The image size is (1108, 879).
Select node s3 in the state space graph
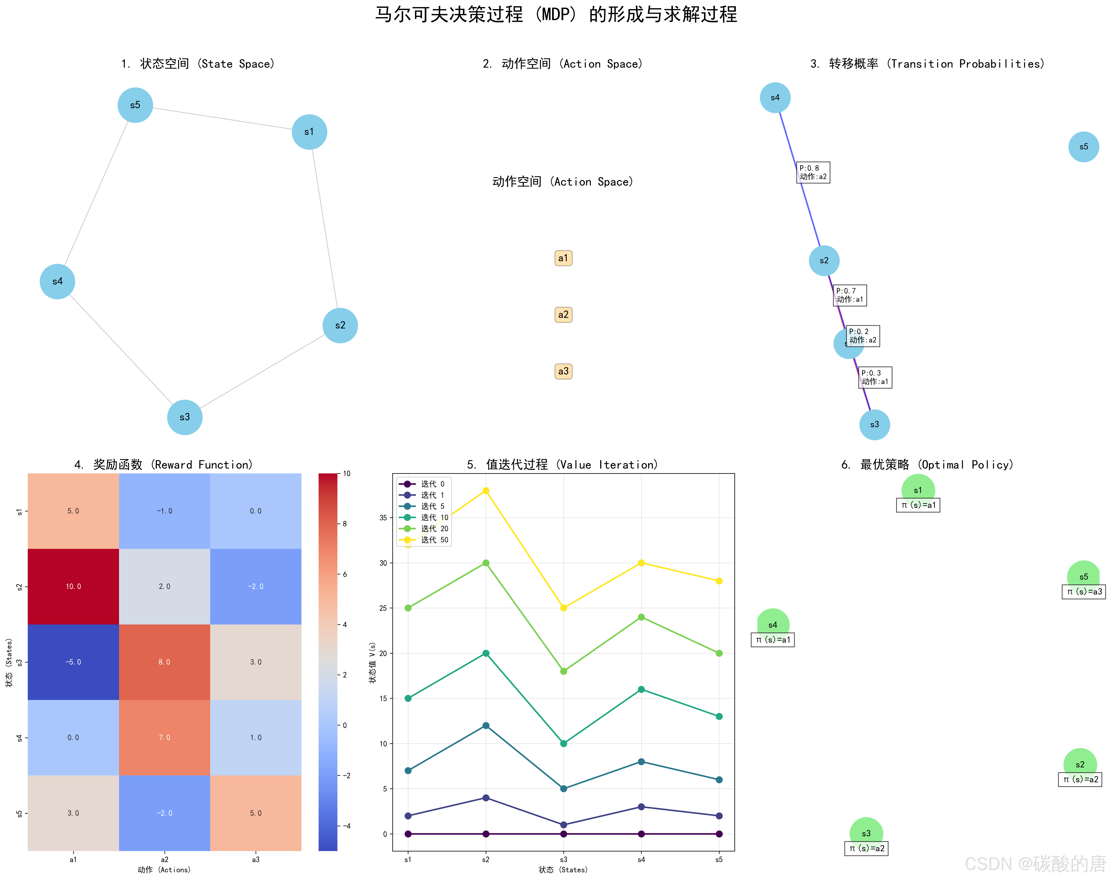pos(184,417)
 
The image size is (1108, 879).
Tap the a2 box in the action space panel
pos(563,315)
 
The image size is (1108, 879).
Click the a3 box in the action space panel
pos(563,371)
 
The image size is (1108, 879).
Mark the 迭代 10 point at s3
pos(564,743)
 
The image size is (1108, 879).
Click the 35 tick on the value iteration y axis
pos(383,518)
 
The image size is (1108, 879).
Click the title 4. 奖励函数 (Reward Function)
pos(163,465)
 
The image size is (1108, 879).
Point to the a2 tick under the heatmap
pos(165,859)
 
